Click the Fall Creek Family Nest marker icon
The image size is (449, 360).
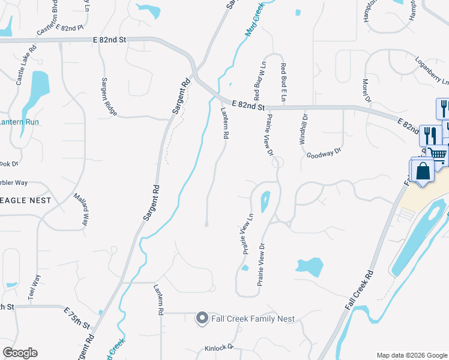pyautogui.click(x=202, y=319)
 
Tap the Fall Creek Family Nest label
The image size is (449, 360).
pyautogui.click(x=252, y=319)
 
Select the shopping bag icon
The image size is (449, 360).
pyautogui.click(x=423, y=170)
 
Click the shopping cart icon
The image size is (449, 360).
pyautogui.click(x=439, y=154)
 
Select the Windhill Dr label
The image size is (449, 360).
pyautogui.click(x=303, y=130)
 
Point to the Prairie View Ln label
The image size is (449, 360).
pyautogui.click(x=248, y=233)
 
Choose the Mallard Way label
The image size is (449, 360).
pyautogui.click(x=80, y=209)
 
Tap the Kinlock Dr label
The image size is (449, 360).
pyautogui.click(x=218, y=348)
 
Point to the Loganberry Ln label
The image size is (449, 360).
pyautogui.click(x=432, y=71)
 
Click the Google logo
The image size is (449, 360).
pyautogui.click(x=20, y=353)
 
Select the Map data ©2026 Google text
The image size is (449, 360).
pyautogui.click(x=412, y=355)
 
